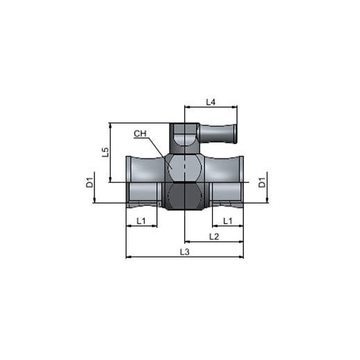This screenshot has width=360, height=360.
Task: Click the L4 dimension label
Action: coord(211,102)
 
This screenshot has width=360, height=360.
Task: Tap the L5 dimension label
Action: coord(106,152)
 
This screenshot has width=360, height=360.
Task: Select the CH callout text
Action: coord(140,133)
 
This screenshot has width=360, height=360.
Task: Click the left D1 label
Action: coord(90,182)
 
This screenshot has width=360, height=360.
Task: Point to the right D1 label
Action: coord(262,182)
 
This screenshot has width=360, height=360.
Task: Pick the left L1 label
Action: coord(141,221)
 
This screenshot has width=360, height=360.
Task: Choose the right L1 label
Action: coord(228,221)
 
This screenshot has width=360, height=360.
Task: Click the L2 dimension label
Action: coord(214,237)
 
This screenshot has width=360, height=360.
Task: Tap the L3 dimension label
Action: coord(185,252)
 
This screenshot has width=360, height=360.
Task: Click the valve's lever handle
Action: coord(218,133)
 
